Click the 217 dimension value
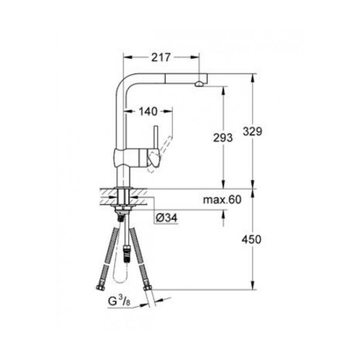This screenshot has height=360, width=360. point(160,57)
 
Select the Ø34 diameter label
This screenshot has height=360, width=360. point(166,218)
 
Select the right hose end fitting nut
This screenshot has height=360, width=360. point(147,287)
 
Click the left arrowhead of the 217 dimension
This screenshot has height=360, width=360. point(125,57)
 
